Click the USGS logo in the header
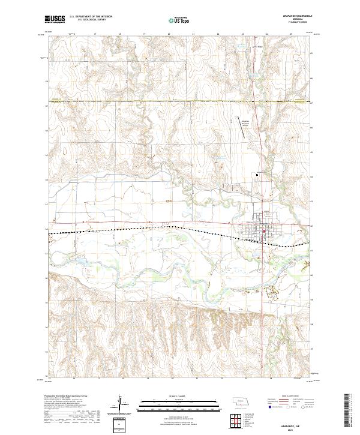(55, 20)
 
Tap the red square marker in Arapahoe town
(263, 227)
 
